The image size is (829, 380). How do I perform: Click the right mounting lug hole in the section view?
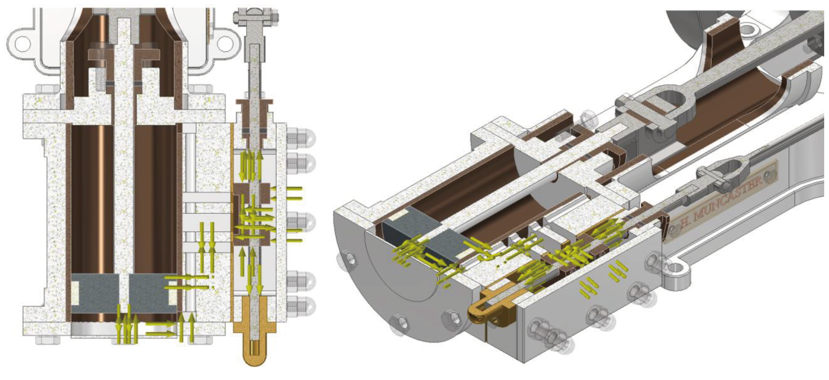coord(224,43)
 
